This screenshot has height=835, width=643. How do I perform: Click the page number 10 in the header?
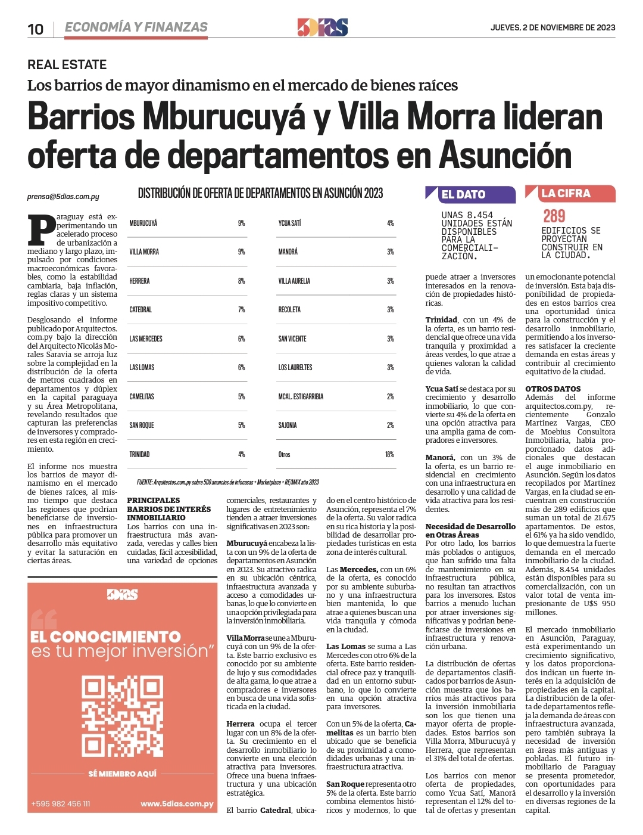click(36, 29)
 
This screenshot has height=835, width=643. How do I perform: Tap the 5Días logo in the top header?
click(322, 27)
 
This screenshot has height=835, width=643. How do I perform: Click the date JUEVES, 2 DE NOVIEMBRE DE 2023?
click(553, 27)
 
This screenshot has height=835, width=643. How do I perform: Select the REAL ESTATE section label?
click(67, 64)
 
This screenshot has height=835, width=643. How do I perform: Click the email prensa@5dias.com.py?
click(63, 197)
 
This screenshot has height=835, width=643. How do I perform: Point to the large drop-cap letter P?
click(42, 229)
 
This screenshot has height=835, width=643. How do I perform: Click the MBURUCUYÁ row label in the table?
click(143, 223)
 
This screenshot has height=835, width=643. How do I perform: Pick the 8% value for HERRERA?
click(241, 281)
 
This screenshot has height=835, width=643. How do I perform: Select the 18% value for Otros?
click(389, 454)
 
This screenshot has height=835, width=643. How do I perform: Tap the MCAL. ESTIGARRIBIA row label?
click(301, 396)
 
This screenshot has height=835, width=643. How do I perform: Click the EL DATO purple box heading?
click(463, 194)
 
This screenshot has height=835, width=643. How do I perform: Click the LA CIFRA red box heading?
click(566, 193)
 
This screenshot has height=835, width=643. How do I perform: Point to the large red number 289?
click(554, 216)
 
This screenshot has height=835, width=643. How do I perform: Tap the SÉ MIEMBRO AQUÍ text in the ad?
click(122, 774)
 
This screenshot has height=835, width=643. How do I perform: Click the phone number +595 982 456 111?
click(61, 803)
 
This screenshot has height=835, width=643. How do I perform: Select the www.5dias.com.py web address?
click(177, 803)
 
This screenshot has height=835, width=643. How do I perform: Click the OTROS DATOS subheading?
click(553, 389)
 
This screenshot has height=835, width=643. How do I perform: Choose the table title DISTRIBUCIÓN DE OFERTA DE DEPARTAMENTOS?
click(260, 193)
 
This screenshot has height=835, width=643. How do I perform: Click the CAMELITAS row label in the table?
click(142, 396)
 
